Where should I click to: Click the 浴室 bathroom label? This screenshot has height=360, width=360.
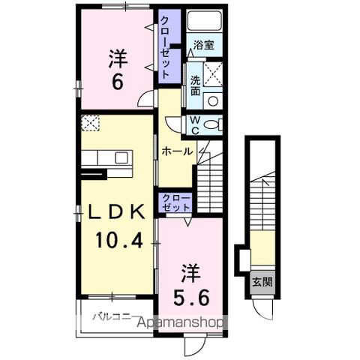click(204, 45)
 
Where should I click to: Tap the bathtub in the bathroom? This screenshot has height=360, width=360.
click(205, 20)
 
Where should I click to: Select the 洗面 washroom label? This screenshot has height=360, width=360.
click(196, 85)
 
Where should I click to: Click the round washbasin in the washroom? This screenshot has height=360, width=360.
click(213, 101)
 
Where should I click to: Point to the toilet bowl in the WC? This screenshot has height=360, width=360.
click(210, 124)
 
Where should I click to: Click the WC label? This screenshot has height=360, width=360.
click(195, 125)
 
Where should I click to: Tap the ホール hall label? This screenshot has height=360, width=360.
click(177, 151)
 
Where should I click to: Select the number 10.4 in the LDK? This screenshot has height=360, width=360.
click(119, 240)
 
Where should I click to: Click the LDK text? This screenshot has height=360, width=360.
click(117, 212)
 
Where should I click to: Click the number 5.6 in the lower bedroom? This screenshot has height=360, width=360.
click(191, 298)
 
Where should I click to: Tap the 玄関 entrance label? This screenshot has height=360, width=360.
click(262, 282)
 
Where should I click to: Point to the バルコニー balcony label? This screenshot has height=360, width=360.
click(112, 317)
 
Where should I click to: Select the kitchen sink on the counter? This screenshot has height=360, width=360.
click(121, 157)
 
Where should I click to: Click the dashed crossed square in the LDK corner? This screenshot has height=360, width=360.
click(90, 123)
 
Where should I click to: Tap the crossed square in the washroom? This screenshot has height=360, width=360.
click(213, 74)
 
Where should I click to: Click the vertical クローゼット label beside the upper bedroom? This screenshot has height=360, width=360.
click(165, 47)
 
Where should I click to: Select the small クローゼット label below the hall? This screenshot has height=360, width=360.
click(176, 202)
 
